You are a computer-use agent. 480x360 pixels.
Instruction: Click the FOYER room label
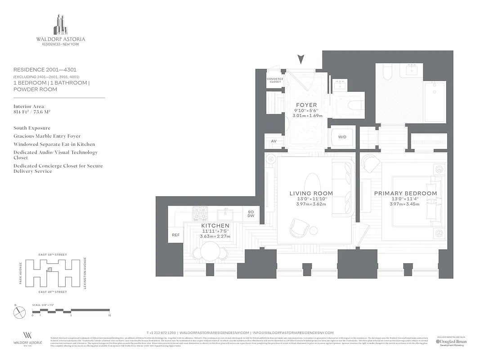pos(306,105)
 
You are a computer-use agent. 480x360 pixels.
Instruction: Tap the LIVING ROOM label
pos(311,193)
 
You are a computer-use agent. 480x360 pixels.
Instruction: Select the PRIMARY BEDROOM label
pos(405,193)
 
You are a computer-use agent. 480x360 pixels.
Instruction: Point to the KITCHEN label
pos(215,225)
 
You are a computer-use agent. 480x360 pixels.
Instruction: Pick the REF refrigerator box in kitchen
pos(175,235)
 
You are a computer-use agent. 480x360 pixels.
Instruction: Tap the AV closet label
pos(274,141)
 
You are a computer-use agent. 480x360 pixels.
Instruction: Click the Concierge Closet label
pos(275,81)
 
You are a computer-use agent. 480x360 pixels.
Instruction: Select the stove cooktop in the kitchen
pos(200,213)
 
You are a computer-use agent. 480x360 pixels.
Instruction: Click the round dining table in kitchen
pos(210,250)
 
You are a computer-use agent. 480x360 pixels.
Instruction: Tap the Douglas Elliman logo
pos(451,342)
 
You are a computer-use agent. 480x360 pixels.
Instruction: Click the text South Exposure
pos(32,128)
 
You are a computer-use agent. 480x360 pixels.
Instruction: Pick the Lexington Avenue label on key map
pos(85,273)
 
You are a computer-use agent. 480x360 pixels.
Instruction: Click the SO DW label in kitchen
pos(251,214)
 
